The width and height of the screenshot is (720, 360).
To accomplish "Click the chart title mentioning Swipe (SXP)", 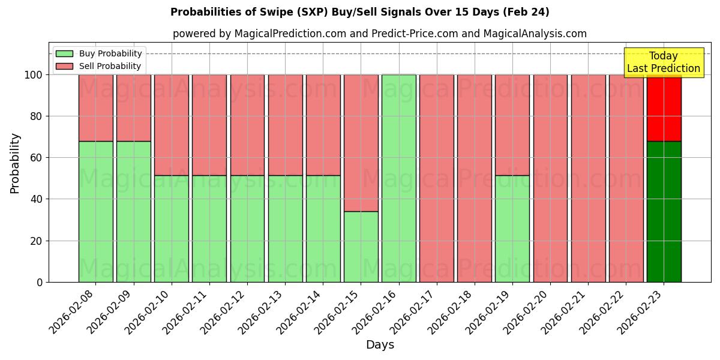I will click(359, 12).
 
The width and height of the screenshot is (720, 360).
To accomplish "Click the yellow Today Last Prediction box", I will click(663, 62).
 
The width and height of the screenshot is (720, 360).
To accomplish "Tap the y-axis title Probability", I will click(15, 163).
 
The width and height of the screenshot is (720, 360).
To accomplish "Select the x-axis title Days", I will click(380, 345).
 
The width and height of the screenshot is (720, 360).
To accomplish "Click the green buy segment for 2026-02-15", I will click(361, 247).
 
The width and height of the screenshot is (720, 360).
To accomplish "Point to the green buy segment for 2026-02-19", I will click(512, 229).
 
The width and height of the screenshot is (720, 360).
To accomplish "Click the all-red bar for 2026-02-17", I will click(437, 178).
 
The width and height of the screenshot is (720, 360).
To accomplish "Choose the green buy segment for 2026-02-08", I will click(95, 211).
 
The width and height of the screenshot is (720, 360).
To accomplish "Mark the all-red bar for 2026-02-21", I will click(588, 178).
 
